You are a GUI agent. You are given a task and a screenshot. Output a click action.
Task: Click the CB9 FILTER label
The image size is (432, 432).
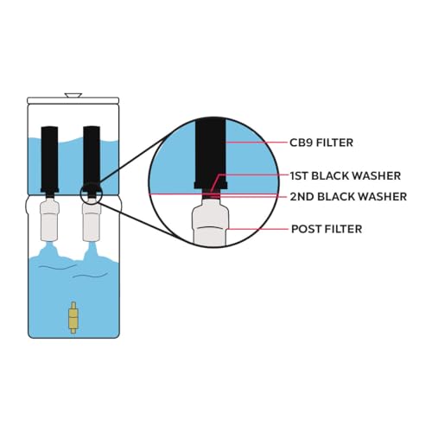pyautogui.click(x=321, y=143)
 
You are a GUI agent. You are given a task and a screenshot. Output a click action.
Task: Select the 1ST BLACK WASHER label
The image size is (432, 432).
pyautogui.click(x=346, y=175)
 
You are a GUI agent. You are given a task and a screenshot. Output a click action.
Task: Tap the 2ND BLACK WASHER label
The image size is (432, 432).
pyautogui.click(x=348, y=197)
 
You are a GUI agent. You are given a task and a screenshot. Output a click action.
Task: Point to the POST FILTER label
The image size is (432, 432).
pyautogui.click(x=327, y=229)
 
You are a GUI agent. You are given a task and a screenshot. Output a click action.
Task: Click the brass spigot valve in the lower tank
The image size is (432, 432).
pyautogui.click(x=73, y=318)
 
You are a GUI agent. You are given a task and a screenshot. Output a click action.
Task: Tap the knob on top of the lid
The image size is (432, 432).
pyautogui.click(x=73, y=95)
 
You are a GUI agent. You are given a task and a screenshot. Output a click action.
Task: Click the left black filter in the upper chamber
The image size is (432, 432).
pyautogui.click(x=49, y=159)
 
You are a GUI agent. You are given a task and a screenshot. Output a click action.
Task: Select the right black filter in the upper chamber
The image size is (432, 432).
pyautogui.click(x=92, y=159)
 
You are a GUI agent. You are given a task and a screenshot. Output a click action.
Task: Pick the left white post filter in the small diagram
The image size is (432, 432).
pyautogui.click(x=50, y=220)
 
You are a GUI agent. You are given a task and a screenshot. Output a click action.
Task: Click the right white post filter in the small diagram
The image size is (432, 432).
pyautogui.click(x=92, y=220)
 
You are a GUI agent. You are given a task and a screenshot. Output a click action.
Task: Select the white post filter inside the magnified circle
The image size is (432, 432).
pyautogui.click(x=211, y=223)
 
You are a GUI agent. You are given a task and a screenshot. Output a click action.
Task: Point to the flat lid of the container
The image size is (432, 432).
pyautogui.click(x=73, y=100)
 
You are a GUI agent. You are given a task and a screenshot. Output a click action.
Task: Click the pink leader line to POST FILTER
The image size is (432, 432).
pyautogui.click(x=257, y=229)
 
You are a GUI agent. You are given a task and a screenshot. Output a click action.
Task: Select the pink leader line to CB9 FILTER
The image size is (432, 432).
pyautogui.click(x=257, y=143)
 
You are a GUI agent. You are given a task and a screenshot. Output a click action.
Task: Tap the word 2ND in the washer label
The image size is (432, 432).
pyautogui.click(x=302, y=197)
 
